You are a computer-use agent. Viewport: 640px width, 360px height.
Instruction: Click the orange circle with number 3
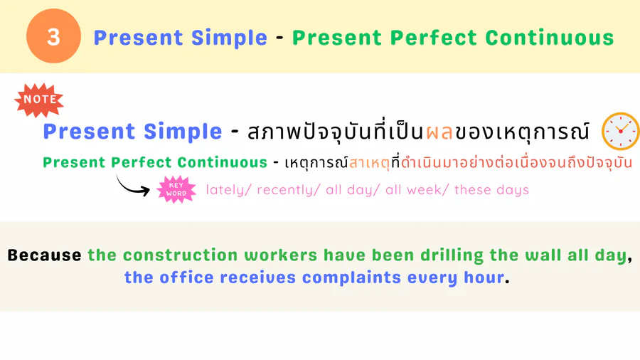pos(53,36)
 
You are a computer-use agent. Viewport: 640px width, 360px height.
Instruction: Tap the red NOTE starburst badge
pos(39,100)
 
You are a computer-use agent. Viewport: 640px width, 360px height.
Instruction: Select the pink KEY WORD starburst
pos(176,189)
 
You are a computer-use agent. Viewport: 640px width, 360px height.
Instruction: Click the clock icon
pos(620,131)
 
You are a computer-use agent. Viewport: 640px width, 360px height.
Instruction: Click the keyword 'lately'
pos(225,190)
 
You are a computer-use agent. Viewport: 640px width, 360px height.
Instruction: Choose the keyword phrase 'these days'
pos(491,190)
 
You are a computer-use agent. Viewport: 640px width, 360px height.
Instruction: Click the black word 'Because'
pos(45,255)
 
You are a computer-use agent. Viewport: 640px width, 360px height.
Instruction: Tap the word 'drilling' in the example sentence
pos(452,255)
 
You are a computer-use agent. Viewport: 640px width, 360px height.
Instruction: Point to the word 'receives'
pos(257,278)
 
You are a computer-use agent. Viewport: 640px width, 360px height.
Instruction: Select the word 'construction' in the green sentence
pos(180,255)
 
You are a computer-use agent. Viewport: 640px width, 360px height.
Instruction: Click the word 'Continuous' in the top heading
pos(550,38)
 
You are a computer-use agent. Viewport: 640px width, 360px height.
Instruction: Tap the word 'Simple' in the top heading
pos(229,38)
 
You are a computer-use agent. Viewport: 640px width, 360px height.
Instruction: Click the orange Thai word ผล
pos(439,132)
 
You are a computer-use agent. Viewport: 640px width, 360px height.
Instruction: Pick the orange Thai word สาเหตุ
pos(370,163)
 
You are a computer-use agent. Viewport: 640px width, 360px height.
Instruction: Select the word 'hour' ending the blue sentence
pos(484,278)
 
